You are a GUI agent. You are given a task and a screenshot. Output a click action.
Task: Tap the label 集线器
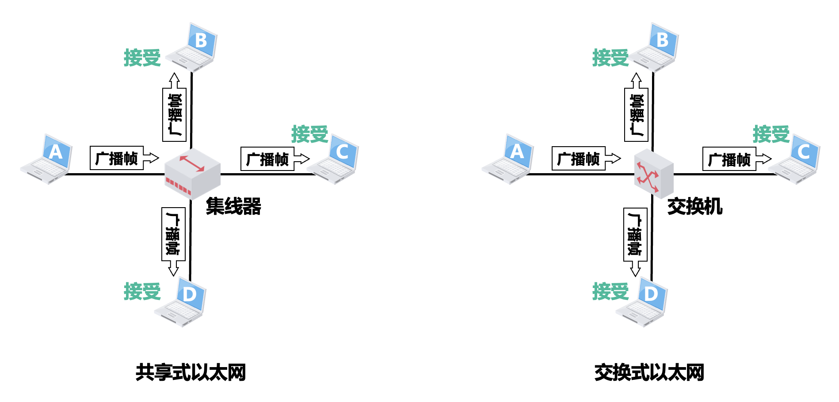[233, 206]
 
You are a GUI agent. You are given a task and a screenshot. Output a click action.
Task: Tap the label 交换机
[694, 206]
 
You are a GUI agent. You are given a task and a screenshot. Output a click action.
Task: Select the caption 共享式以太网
[191, 372]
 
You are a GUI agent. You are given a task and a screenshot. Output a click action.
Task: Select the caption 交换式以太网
[649, 372]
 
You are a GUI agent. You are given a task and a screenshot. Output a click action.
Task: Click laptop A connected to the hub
[47, 160]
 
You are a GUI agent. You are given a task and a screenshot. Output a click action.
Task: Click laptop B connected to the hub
[194, 48]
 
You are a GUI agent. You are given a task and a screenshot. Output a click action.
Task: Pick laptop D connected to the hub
[181, 302]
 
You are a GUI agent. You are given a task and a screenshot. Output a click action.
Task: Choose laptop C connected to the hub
[334, 160]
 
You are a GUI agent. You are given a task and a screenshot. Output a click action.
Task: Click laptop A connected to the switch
[509, 160]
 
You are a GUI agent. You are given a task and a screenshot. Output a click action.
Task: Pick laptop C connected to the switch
[795, 160]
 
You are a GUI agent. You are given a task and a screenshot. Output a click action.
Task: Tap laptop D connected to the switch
[643, 302]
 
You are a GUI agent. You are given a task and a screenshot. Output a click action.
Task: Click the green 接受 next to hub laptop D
[142, 292]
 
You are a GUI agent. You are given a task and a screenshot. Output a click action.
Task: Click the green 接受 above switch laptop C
[771, 134]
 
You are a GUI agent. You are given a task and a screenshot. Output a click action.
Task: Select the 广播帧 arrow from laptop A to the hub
[124, 158]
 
